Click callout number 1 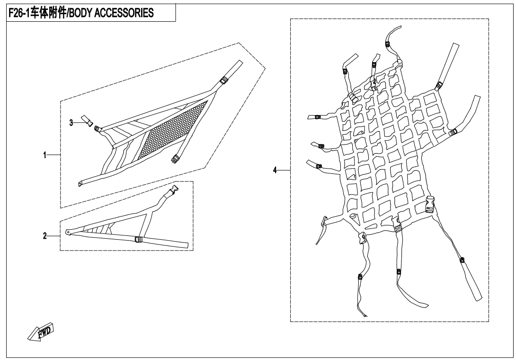tap(45, 155)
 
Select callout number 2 tap(45, 236)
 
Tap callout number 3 tap(71, 123)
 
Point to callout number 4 tap(275, 170)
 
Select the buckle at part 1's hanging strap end tap(174, 159)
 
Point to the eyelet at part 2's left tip tap(68, 232)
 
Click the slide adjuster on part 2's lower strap tap(139, 240)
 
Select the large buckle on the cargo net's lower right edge tap(431, 204)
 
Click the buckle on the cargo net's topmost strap tap(388, 44)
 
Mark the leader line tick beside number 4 tap(284, 170)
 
